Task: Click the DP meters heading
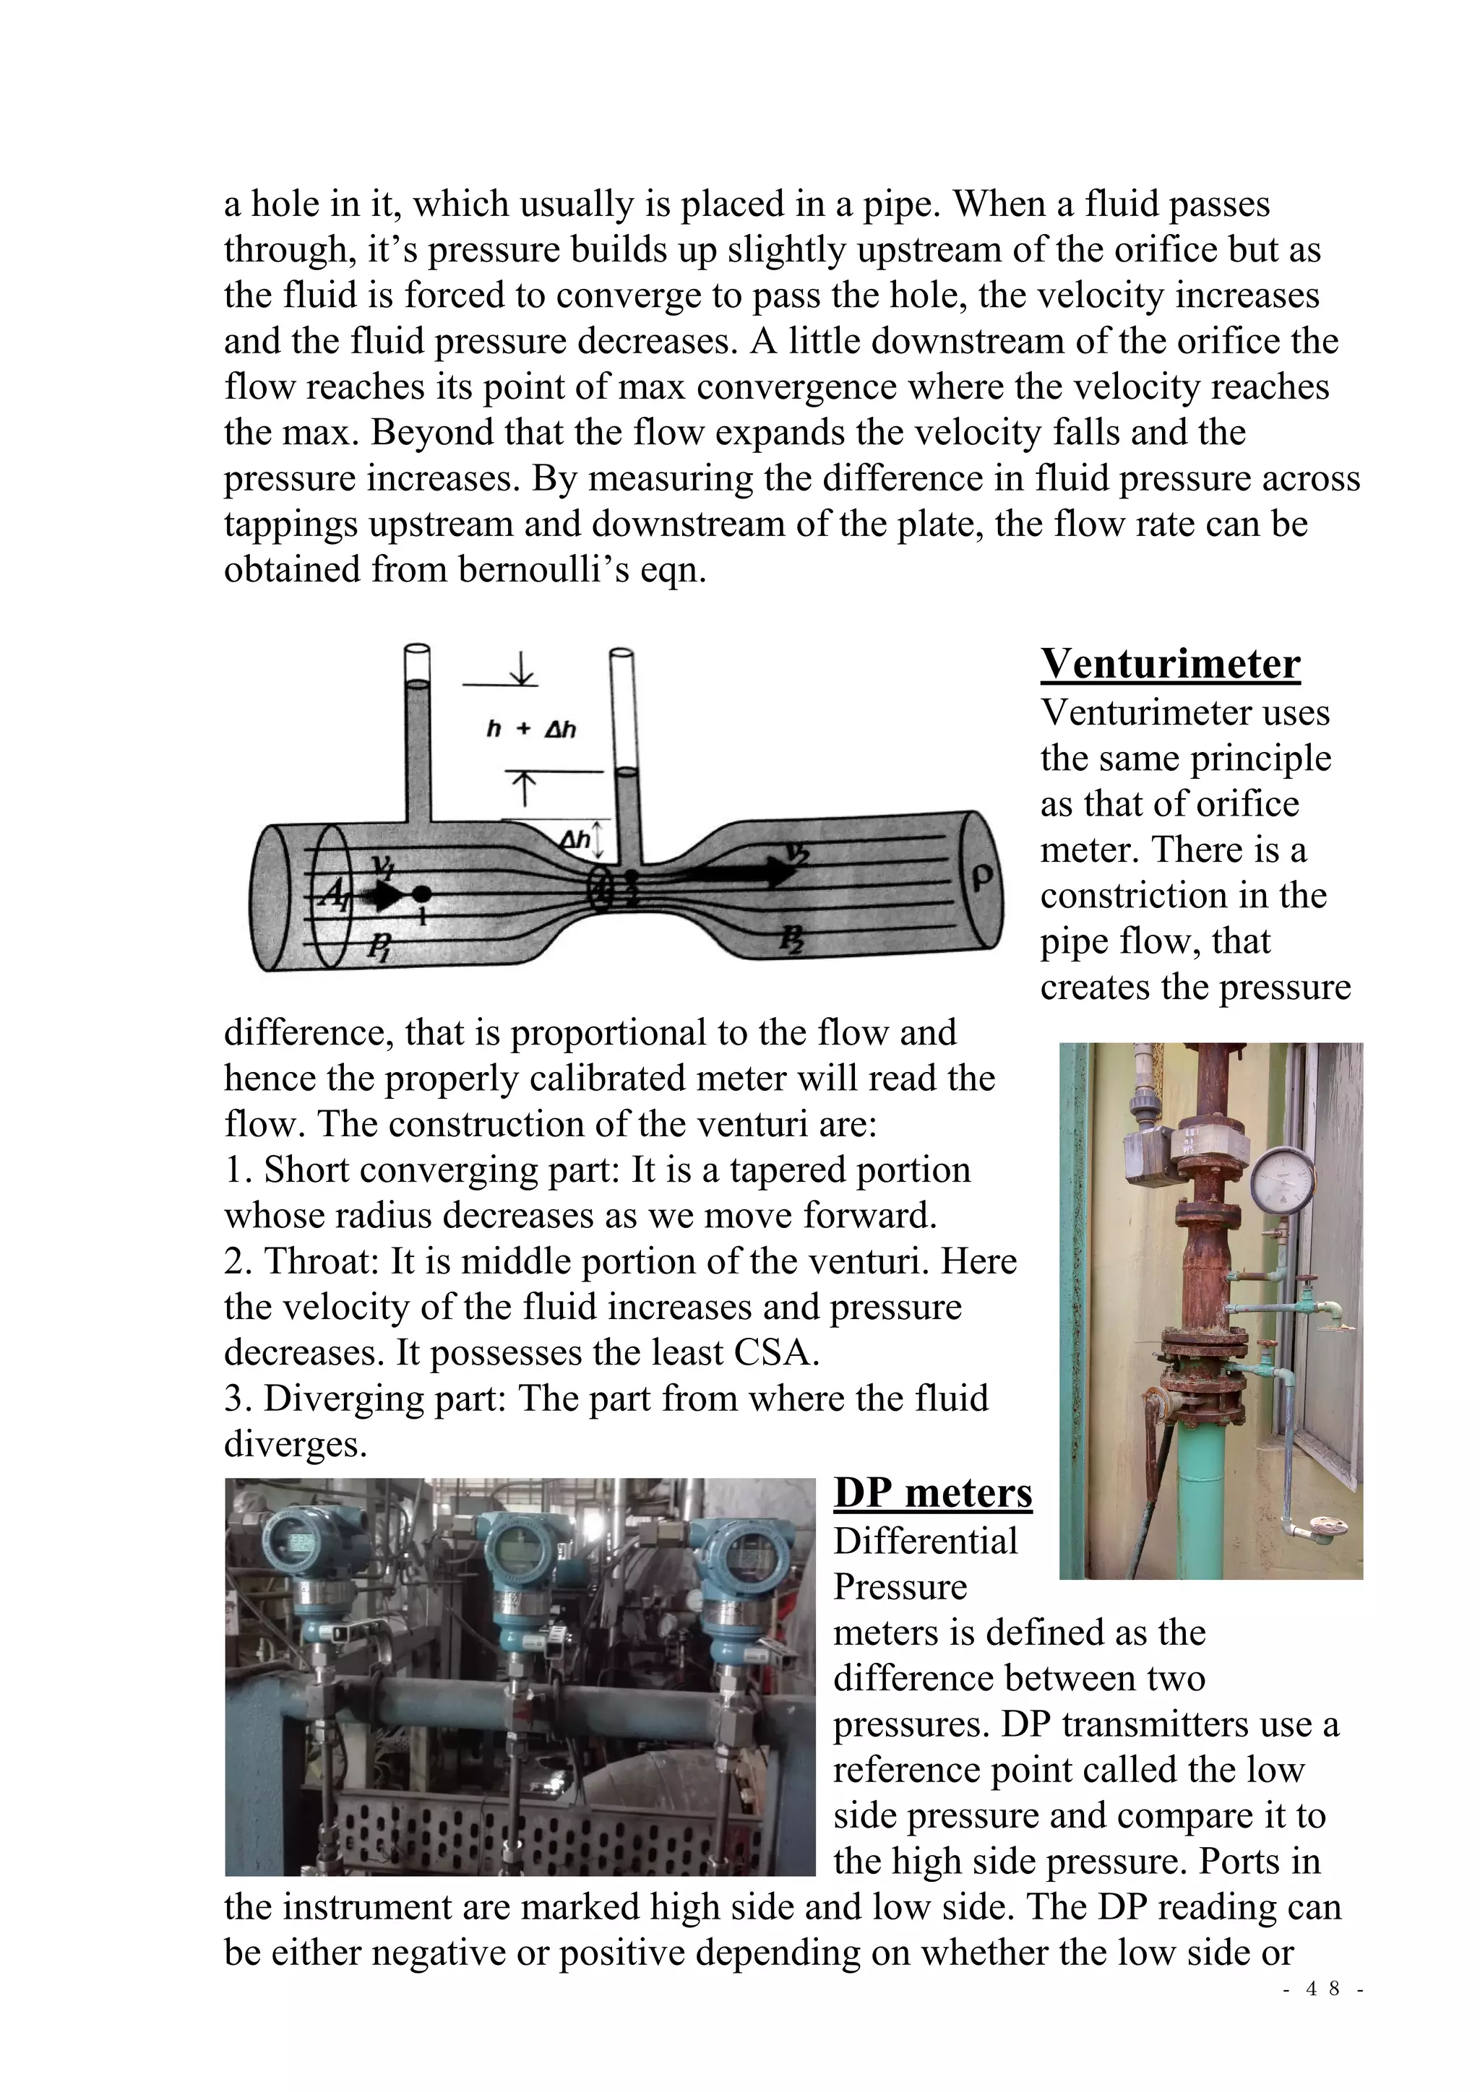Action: pyautogui.click(x=932, y=1492)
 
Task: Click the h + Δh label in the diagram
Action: pyautogui.click(x=531, y=729)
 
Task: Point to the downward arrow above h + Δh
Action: pyautogui.click(x=522, y=668)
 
